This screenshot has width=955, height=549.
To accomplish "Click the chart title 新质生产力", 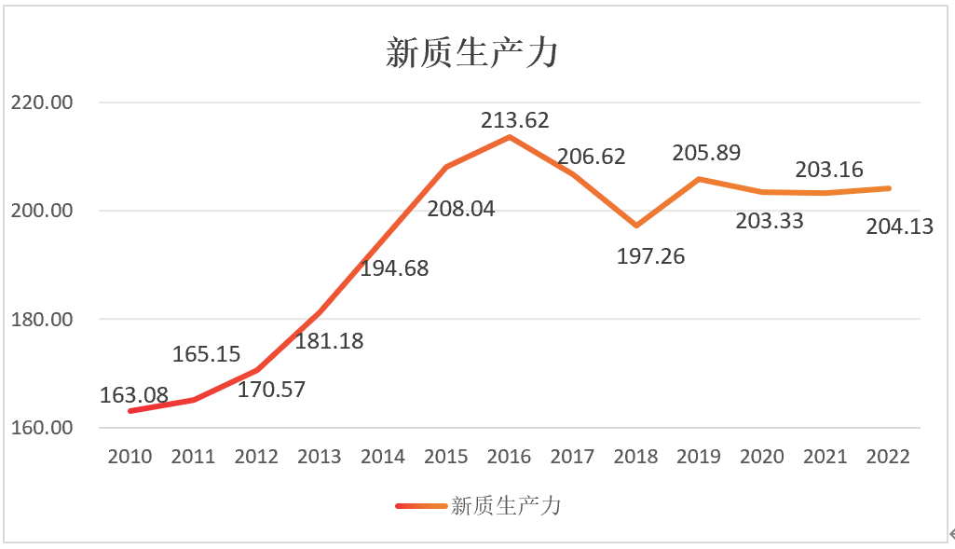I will (x=471, y=53).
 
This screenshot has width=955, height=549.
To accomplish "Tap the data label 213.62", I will (x=515, y=120).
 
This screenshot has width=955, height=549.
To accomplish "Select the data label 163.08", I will (x=134, y=395).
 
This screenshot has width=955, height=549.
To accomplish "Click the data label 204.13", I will (x=899, y=226).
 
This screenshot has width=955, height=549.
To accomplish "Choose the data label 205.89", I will (x=705, y=153).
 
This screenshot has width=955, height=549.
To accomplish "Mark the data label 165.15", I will (x=207, y=354).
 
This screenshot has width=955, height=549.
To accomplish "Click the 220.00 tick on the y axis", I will (x=40, y=103).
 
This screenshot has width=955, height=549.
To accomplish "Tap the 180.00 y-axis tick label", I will (x=40, y=320).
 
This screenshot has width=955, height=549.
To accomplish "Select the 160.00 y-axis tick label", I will (x=40, y=429).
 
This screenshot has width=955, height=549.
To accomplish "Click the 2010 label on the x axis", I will (x=130, y=457).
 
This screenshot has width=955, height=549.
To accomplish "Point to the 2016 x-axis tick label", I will (x=509, y=457).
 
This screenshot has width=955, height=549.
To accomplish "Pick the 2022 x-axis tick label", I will (x=888, y=457).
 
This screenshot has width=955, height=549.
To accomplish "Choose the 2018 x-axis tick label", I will (x=635, y=457).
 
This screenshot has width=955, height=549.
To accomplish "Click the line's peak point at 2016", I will (x=510, y=137).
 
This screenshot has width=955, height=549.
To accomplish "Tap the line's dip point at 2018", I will (x=636, y=226).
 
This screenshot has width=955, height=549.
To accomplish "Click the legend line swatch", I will (x=420, y=506).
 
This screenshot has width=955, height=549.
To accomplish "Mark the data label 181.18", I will (x=329, y=341).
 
